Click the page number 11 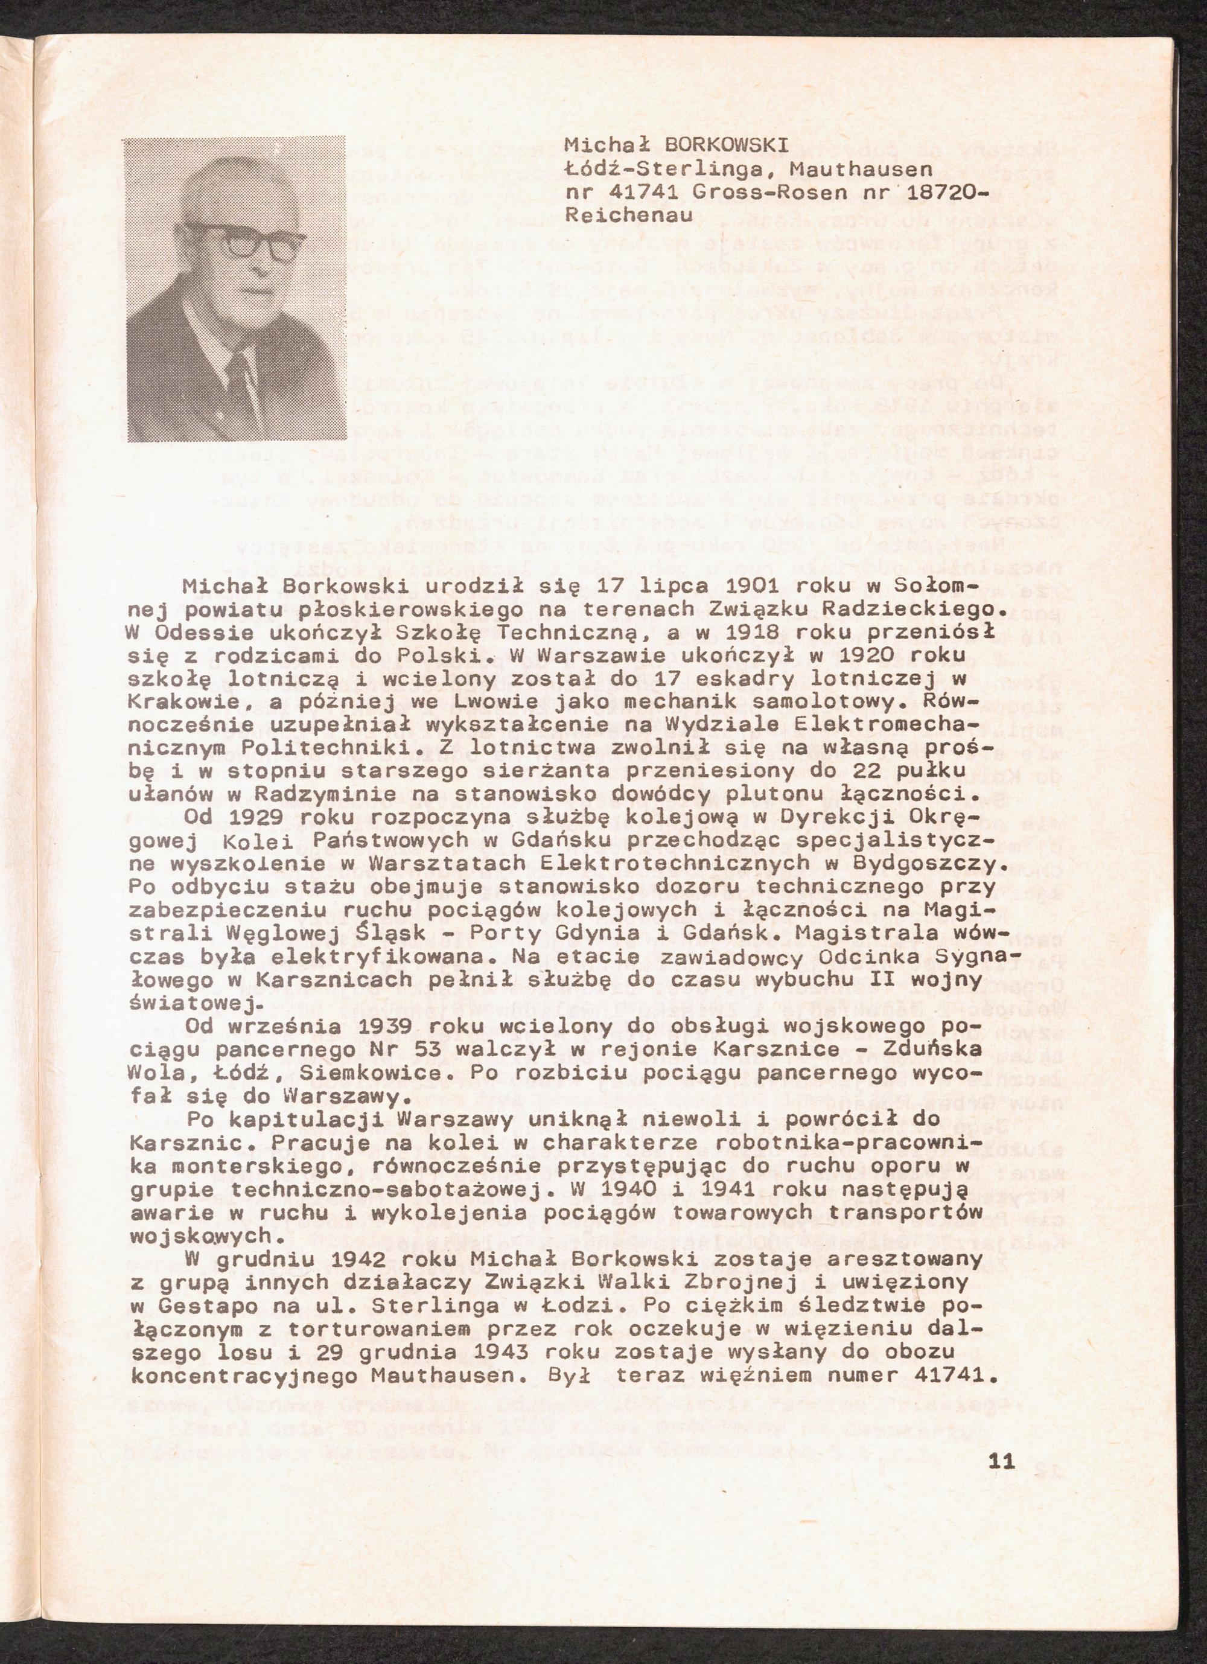pos(1001,1439)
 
